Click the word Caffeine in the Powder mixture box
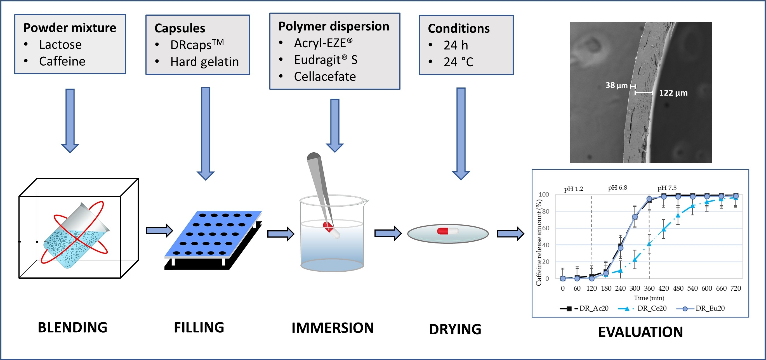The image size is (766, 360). (x=62, y=61)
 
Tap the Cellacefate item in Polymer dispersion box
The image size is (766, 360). (x=325, y=77)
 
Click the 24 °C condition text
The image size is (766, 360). (x=458, y=62)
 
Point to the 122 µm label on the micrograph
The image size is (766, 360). (x=673, y=93)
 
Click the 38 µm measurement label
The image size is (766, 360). (x=616, y=86)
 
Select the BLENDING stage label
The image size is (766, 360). (x=72, y=327)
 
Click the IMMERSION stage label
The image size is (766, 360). (x=333, y=328)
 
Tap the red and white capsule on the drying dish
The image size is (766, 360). (x=447, y=231)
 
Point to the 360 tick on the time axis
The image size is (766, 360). (x=649, y=288)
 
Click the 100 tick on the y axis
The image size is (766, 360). (x=544, y=195)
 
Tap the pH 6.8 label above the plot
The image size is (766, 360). (x=617, y=188)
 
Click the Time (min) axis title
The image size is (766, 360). (x=649, y=298)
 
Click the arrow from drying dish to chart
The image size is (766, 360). (x=510, y=234)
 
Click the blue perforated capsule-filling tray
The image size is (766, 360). (x=213, y=235)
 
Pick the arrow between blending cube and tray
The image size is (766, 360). (x=159, y=230)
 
